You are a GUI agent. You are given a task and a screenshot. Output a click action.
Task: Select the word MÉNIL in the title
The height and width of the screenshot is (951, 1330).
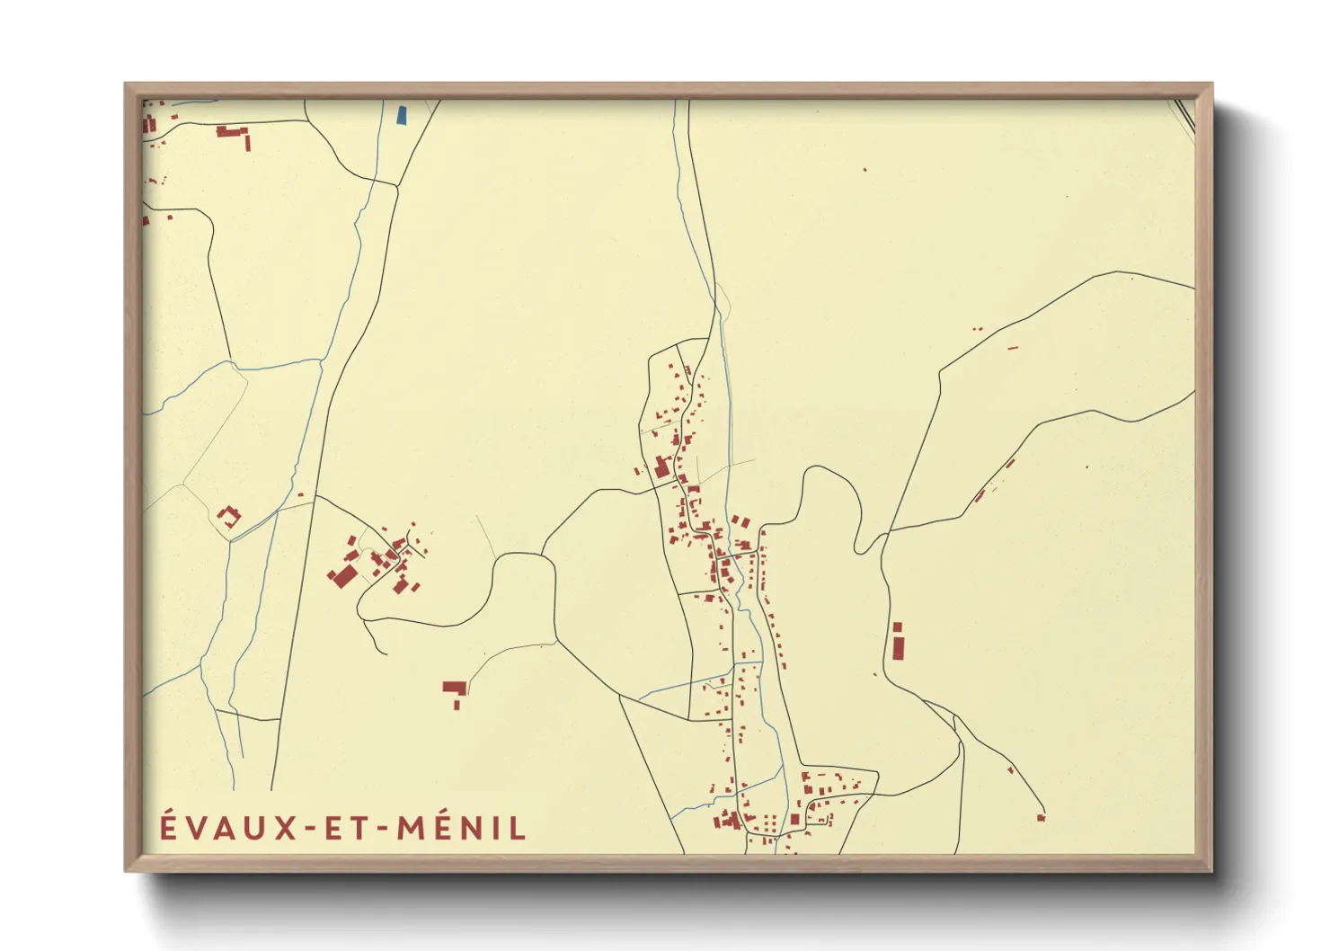click(461, 827)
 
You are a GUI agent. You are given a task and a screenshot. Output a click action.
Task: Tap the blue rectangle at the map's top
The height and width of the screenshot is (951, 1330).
click(401, 115)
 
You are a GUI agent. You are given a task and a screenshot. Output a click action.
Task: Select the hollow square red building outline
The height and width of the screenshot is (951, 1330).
click(229, 517)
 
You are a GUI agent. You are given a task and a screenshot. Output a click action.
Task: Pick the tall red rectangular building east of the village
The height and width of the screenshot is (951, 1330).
click(897, 644)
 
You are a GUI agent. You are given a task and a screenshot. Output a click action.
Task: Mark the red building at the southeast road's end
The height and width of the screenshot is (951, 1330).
click(1042, 817)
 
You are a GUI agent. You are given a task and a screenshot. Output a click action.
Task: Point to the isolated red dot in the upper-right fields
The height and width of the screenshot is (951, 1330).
click(864, 169)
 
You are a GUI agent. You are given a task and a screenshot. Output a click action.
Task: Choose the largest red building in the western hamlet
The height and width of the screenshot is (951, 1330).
click(341, 576)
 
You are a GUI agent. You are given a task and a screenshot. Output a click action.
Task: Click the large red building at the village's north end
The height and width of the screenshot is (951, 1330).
click(662, 467)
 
